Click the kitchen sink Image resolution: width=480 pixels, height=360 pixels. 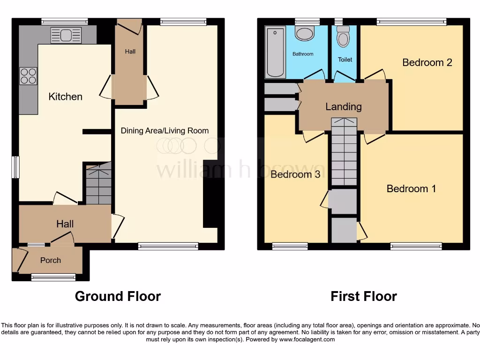[x=63, y=35]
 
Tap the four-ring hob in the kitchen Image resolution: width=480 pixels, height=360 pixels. [x=28, y=76]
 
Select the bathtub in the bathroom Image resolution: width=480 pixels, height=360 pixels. [x=275, y=52]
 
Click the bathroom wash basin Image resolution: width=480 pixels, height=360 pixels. [x=305, y=34]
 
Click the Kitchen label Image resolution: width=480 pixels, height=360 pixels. [x=66, y=97]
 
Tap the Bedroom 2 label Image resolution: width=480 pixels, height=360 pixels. [x=427, y=62]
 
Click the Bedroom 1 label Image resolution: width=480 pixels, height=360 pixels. [x=411, y=188]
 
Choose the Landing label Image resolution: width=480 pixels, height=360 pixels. [x=344, y=107]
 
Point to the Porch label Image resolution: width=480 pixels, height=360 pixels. [x=50, y=260]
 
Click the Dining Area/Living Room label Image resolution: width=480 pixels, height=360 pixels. [x=165, y=131]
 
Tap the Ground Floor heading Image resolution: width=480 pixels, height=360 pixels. [x=118, y=296]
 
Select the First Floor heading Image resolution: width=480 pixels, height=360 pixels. [x=364, y=296]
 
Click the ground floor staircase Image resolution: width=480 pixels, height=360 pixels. [x=98, y=183]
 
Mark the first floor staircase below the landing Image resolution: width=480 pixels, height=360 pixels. [x=344, y=152]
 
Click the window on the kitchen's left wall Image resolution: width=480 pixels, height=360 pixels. [x=16, y=167]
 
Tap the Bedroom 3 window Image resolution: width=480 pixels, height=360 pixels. [x=290, y=246]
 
